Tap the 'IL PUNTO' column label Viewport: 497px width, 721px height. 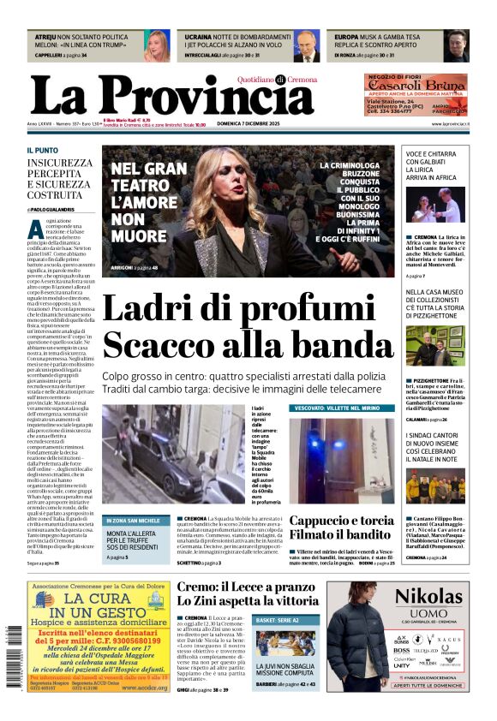click(42, 150)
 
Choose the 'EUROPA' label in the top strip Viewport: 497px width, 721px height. click(347, 39)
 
